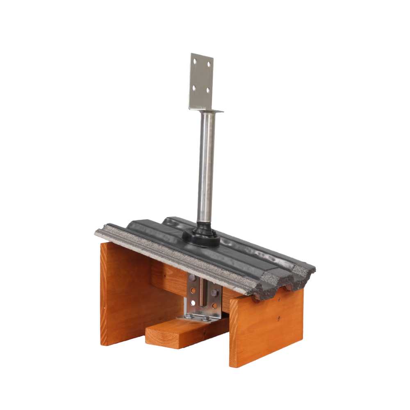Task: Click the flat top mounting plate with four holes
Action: (x=202, y=80)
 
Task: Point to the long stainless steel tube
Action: (x=206, y=164)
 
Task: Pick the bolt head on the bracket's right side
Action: (x=214, y=293)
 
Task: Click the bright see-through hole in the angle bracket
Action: (x=193, y=303)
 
